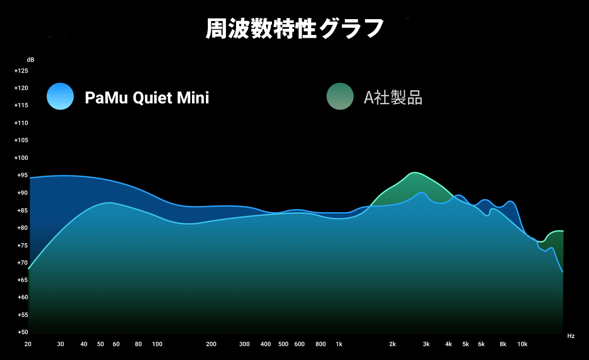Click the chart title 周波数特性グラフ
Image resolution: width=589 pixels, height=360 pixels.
pos(294,28)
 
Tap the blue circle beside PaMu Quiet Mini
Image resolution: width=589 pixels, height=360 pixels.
pos(60,96)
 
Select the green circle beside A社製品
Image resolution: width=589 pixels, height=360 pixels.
pos(340,96)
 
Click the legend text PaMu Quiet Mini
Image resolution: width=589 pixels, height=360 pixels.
pos(147,98)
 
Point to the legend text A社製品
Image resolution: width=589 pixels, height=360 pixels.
pos(393,98)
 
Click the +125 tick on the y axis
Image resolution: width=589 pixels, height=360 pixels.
pos(21,71)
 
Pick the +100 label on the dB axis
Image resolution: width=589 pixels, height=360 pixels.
pos(21,158)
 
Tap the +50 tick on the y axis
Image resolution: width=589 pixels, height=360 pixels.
pos(23,332)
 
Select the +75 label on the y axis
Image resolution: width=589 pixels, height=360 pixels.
pos(23,246)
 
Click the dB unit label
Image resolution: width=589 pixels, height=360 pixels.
pos(31,60)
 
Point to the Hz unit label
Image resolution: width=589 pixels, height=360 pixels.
pos(571,336)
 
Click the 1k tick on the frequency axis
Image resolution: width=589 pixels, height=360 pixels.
pos(339,344)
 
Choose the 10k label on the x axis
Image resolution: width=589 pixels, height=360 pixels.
pos(522,344)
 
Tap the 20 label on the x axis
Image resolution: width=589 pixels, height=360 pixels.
pos(28,344)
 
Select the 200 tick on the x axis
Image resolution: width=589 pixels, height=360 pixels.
pos(211,344)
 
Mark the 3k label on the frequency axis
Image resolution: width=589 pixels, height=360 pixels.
pos(426,344)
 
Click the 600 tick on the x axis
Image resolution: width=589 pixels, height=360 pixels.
pos(299,344)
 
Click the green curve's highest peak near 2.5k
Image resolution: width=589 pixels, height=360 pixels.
pos(414,172)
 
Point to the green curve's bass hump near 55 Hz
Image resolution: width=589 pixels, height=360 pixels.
pos(110,202)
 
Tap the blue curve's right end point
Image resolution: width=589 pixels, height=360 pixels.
pos(563,272)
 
